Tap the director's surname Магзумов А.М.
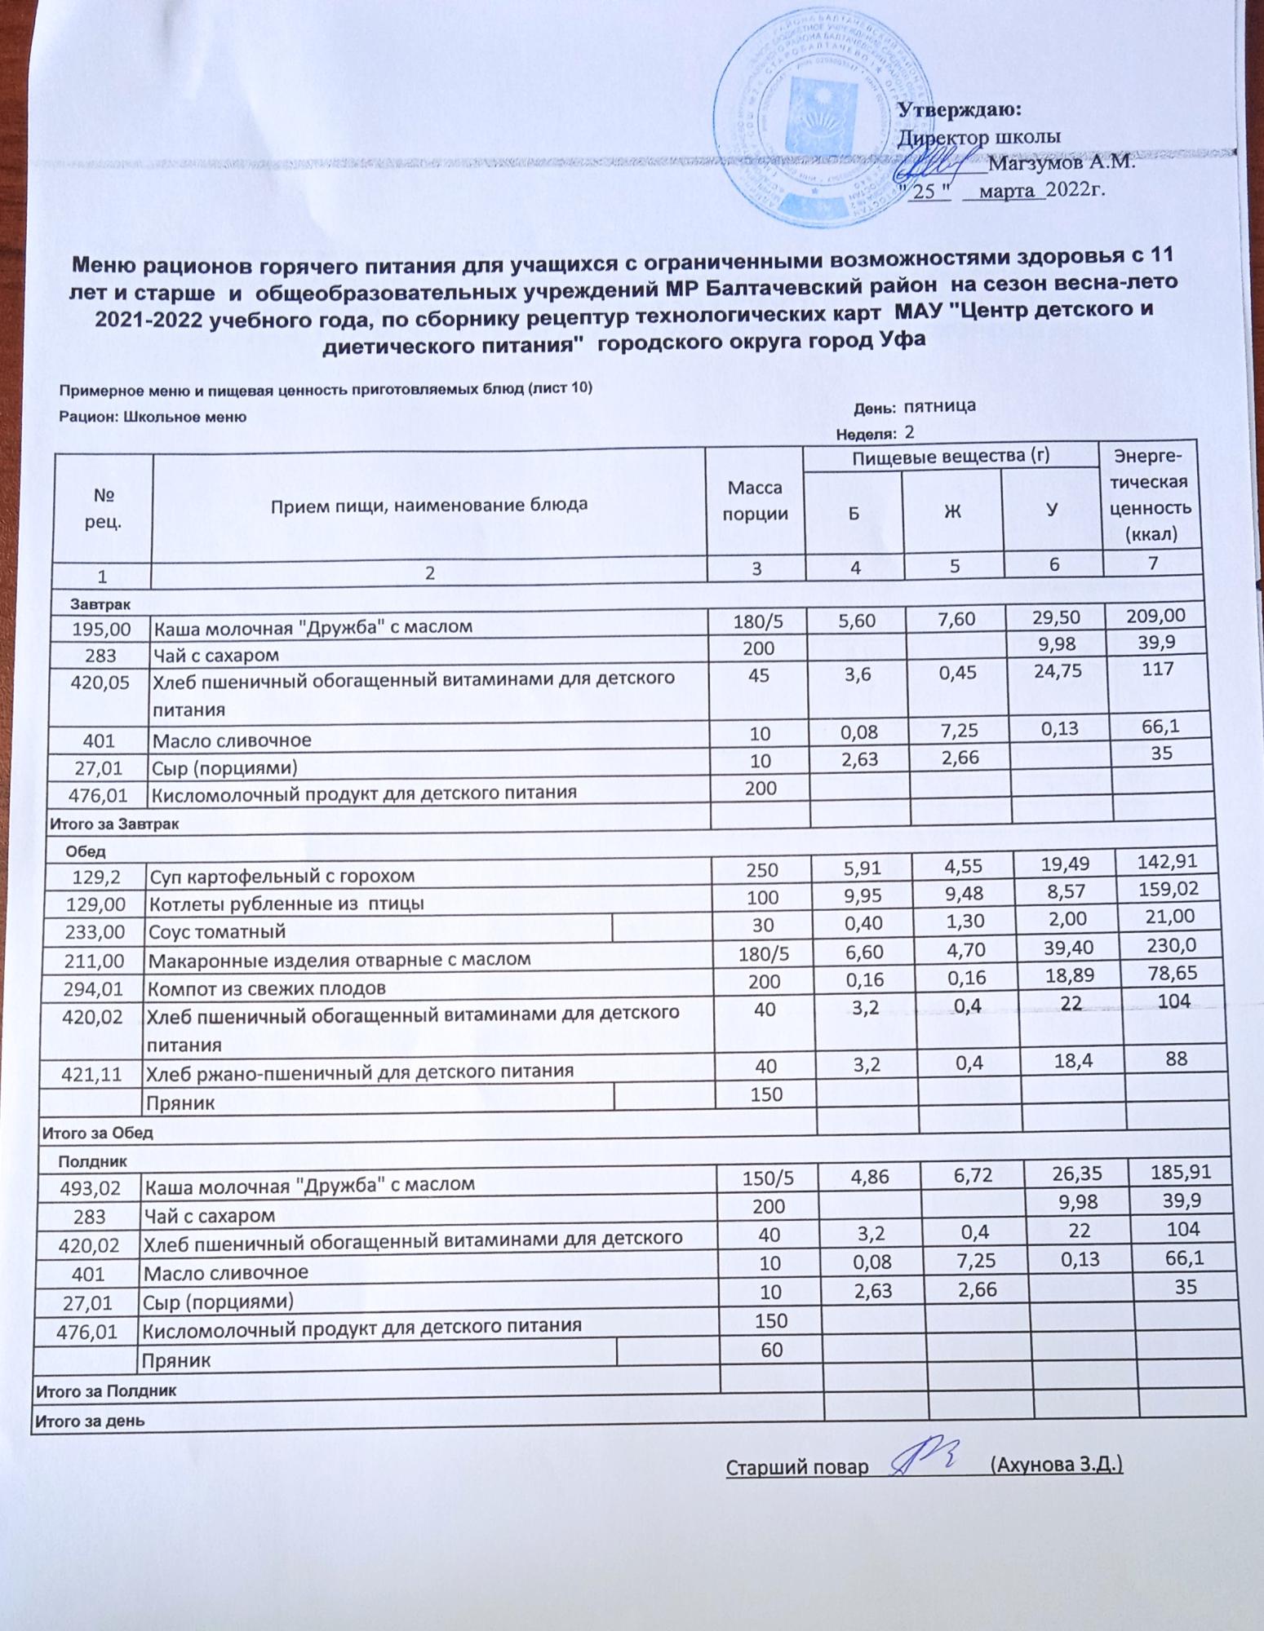pyautogui.click(x=1061, y=162)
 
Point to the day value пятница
pyautogui.click(x=940, y=405)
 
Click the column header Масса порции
pyautogui.click(x=755, y=501)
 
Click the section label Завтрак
pyautogui.click(x=99, y=604)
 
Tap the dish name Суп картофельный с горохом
pyautogui.click(x=282, y=876)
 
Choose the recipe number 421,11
pyautogui.click(x=91, y=1075)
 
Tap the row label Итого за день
pyautogui.click(x=89, y=1421)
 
